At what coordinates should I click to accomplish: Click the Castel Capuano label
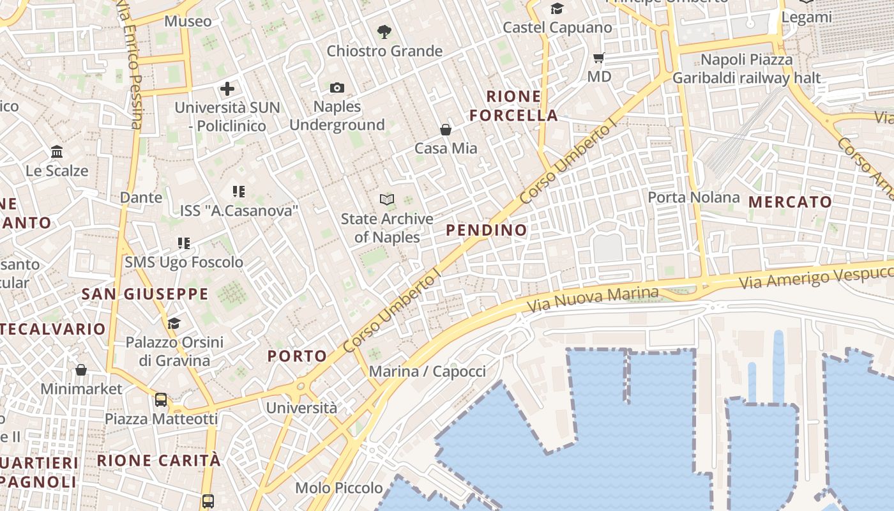click(x=557, y=27)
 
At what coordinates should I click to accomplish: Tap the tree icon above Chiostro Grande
click(x=384, y=31)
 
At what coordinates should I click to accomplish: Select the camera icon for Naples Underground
click(x=337, y=88)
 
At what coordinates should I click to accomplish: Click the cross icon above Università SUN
click(x=227, y=89)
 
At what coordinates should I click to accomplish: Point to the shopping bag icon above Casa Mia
click(x=446, y=130)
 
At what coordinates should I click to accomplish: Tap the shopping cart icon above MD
click(x=598, y=58)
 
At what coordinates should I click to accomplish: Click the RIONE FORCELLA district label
click(x=513, y=106)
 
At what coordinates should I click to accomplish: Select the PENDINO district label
click(x=487, y=230)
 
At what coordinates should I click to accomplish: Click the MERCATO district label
click(x=790, y=202)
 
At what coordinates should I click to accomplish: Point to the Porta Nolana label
click(x=693, y=197)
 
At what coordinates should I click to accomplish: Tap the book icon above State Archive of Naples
click(x=386, y=200)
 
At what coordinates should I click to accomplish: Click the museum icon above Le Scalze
click(x=57, y=152)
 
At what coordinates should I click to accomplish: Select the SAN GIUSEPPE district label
click(x=145, y=294)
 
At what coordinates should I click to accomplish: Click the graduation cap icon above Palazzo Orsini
click(x=174, y=323)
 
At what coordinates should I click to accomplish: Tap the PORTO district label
click(x=297, y=356)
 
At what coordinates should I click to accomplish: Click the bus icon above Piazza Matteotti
click(x=161, y=400)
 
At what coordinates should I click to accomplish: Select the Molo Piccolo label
click(x=338, y=488)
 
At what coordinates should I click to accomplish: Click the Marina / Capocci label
click(x=427, y=371)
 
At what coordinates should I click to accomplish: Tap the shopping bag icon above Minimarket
click(x=81, y=370)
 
